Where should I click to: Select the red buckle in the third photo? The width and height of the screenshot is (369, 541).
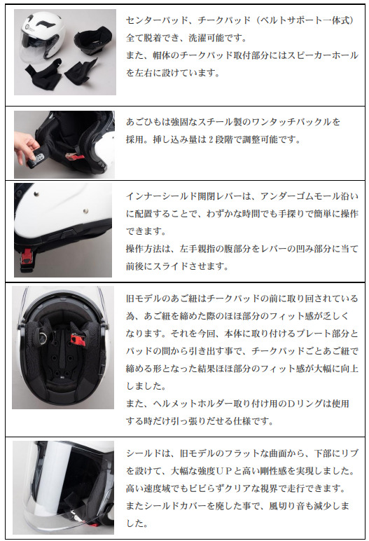(26, 258)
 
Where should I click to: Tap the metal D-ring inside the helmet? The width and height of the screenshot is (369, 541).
(43, 335)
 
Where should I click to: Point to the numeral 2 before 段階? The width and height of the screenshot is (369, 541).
(210, 139)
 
